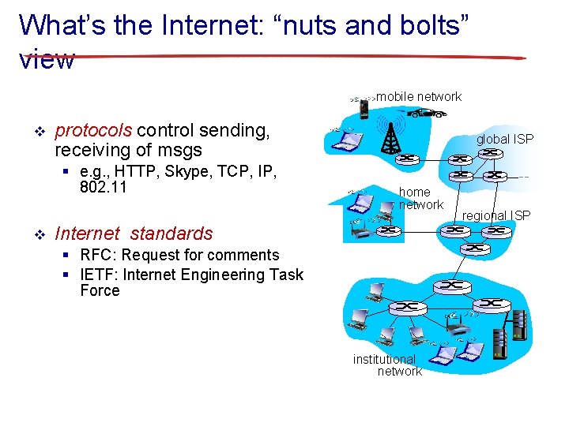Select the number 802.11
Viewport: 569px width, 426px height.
pos(104,189)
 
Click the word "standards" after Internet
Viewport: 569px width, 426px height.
pos(171,234)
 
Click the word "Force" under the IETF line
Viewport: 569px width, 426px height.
pos(100,290)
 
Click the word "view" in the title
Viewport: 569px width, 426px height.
pos(47,58)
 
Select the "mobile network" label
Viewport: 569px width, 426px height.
pos(419,96)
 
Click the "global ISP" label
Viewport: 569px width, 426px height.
pos(504,139)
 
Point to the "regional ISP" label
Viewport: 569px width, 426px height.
pos(496,215)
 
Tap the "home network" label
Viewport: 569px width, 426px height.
pos(420,198)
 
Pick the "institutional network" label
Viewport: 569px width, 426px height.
pos(387,365)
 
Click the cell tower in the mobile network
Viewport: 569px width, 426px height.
pos(389,137)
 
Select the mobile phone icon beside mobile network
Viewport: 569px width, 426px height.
pos(364,107)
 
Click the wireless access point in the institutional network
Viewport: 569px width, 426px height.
pos(454,323)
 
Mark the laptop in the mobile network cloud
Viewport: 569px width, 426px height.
pos(347,140)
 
